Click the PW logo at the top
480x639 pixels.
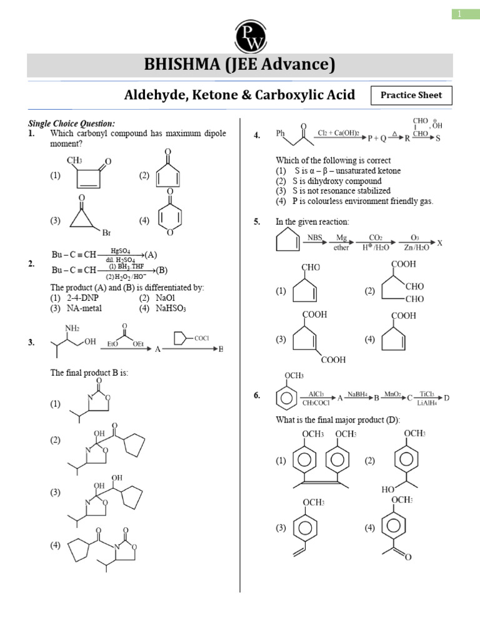click(250, 36)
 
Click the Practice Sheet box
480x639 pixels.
click(411, 95)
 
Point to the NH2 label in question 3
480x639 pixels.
click(74, 328)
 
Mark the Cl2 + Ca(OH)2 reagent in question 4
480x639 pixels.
click(339, 134)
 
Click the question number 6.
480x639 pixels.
click(257, 395)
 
